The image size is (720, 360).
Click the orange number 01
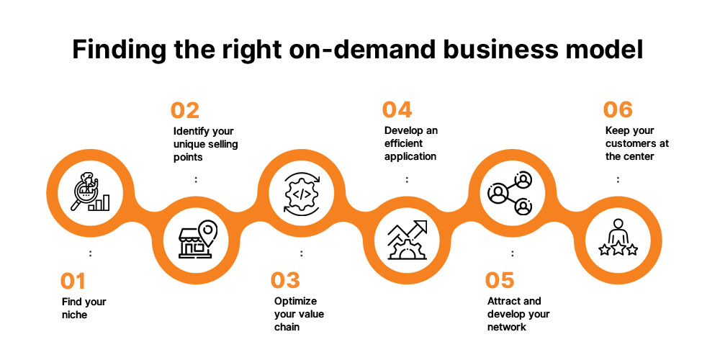coord(73,279)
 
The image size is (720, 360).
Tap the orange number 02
coord(185,110)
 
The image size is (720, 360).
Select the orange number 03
coord(285,279)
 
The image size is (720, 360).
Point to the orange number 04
coord(397,110)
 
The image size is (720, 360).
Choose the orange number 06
coord(618,110)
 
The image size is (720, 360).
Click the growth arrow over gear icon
coord(407,240)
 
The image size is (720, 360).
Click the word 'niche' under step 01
coord(73,315)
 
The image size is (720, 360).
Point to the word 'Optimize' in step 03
coord(295,301)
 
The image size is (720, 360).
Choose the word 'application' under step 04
coord(410,156)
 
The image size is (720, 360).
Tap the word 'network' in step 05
coord(507,327)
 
